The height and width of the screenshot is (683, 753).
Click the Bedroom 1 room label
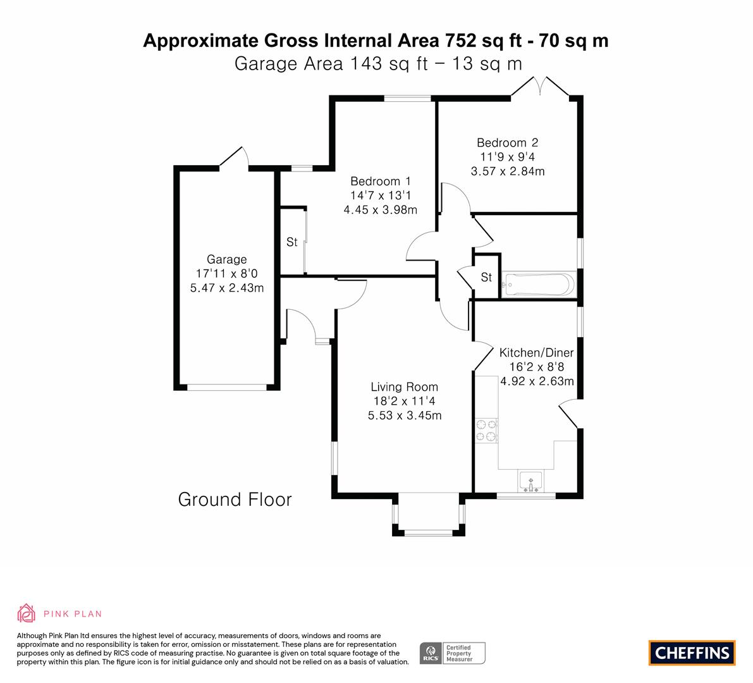coord(381,181)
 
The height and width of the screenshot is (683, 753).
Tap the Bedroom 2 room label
coord(508,143)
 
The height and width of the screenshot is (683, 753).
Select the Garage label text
coord(227,259)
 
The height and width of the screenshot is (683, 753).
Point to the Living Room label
coord(405,386)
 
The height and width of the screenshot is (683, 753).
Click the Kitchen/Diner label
coord(536,352)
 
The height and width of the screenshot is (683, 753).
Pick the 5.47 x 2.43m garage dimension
coord(227,288)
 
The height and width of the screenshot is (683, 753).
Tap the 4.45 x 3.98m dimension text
coord(381,210)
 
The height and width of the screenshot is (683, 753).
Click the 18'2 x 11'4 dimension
coord(405,401)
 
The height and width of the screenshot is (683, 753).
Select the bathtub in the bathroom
coord(538,285)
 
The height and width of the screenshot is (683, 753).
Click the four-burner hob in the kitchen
coord(486,431)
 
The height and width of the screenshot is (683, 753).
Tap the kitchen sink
coord(530,482)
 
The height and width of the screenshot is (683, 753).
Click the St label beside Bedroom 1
coord(292,242)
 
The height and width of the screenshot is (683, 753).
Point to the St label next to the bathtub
coord(486,277)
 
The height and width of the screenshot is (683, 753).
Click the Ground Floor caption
coord(235,500)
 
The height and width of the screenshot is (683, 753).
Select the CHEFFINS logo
coord(692,653)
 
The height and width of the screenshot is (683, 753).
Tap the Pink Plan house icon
coord(27,613)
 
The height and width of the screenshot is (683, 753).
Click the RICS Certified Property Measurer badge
coord(453,653)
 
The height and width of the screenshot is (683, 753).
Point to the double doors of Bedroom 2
coord(541,87)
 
